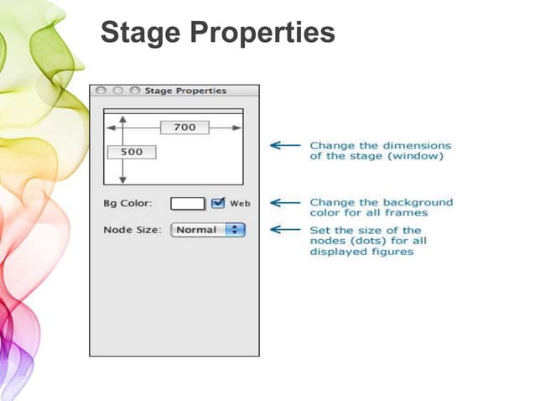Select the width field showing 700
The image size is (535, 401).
coord(184,128)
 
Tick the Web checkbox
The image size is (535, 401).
coord(218,203)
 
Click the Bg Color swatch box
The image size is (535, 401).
coord(188,203)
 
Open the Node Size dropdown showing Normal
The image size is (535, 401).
coord(207,230)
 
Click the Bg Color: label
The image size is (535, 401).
coord(127,204)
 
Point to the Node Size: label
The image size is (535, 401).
coord(132,230)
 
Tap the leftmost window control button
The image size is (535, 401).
coord(101,91)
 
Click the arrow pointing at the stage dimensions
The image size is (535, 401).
coord(284,145)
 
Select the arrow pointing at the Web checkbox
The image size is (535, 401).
coord(284,203)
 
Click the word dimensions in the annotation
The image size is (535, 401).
coord(415,145)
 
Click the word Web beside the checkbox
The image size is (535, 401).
coord(240,204)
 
